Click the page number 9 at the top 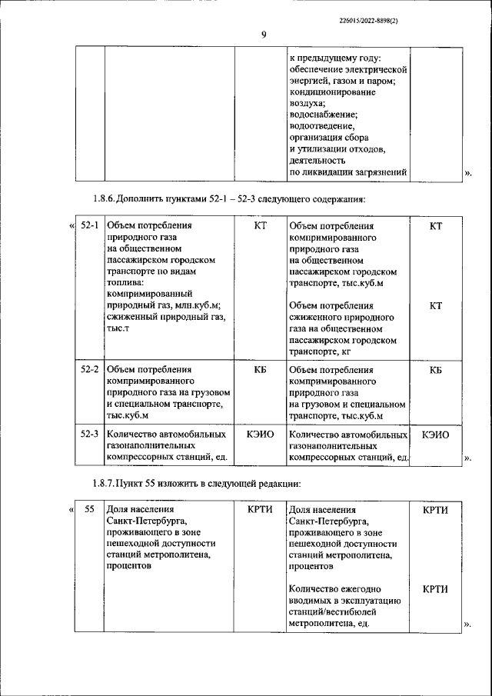(x=263, y=34)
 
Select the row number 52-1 (x=90, y=226)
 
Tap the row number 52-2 (x=90, y=369)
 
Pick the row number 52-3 (x=90, y=435)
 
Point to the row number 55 (x=90, y=509)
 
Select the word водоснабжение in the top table (x=321, y=114)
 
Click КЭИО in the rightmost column (x=435, y=435)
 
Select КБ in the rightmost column (x=435, y=369)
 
